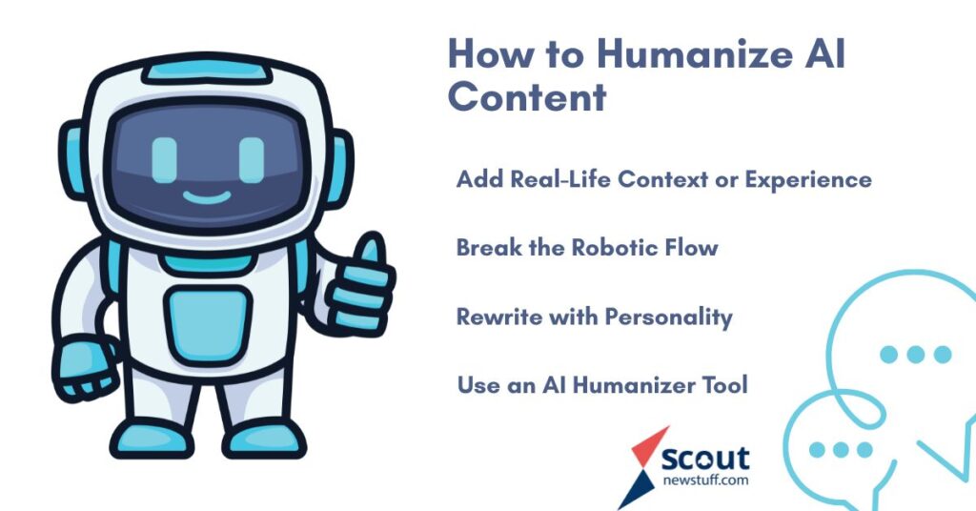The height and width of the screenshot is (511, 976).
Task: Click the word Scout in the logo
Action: point(705,459)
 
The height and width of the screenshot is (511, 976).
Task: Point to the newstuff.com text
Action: point(705,480)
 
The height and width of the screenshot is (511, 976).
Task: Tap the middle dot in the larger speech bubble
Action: point(916,355)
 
